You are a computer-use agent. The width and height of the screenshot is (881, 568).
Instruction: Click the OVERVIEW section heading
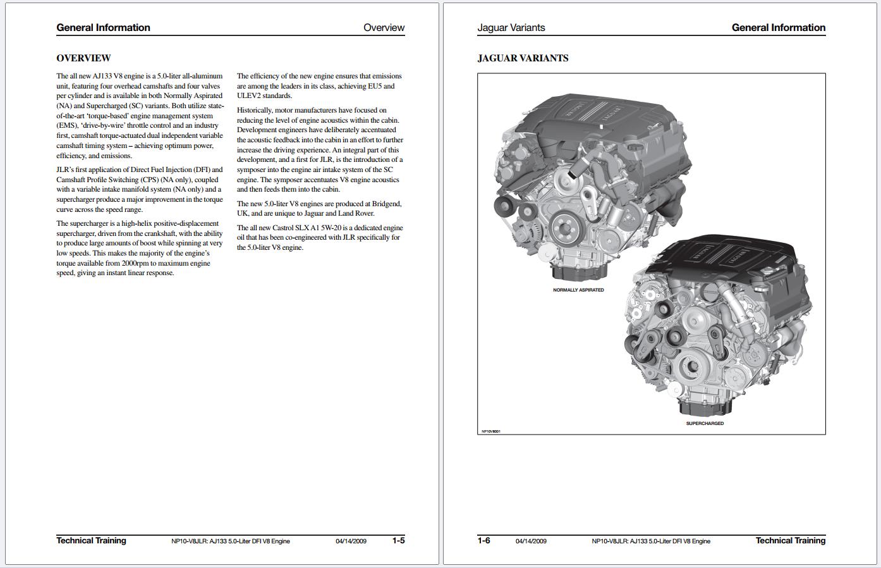[x=83, y=58]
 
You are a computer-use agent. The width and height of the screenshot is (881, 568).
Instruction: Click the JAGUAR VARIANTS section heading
[x=523, y=58]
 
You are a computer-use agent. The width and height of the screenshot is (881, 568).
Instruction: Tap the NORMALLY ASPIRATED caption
[x=578, y=290]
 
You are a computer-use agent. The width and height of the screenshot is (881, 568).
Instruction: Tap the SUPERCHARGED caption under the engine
[x=705, y=424]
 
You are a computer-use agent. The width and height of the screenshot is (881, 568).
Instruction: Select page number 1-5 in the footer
[x=398, y=541]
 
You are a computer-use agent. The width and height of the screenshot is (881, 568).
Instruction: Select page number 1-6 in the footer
[x=483, y=541]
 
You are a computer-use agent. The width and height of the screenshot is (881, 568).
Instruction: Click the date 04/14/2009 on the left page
[x=351, y=541]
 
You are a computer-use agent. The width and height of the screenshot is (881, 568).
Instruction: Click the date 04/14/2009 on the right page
[x=531, y=541]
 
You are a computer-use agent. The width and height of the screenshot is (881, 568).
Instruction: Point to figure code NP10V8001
[x=490, y=432]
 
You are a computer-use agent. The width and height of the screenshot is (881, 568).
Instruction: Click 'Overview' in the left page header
[x=384, y=28]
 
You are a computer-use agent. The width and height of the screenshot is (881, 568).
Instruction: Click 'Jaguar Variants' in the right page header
[x=511, y=28]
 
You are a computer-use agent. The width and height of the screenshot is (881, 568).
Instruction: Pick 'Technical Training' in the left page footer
[x=91, y=541]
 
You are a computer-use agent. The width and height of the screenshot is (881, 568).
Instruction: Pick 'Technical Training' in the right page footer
[x=790, y=541]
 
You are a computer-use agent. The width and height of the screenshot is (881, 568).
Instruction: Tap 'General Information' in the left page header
[x=103, y=28]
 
